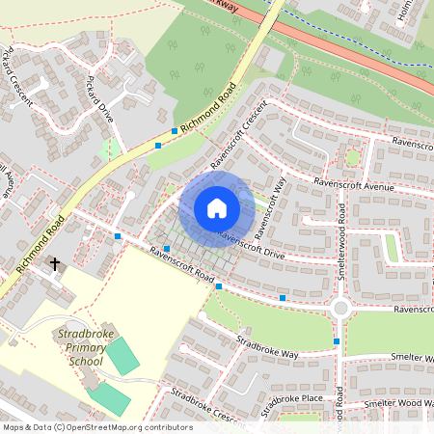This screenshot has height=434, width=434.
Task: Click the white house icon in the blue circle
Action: pyautogui.click(x=217, y=208)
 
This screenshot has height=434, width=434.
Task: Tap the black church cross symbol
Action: pyautogui.click(x=55, y=262)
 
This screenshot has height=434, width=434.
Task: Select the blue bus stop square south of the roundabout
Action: pyautogui.click(x=337, y=341)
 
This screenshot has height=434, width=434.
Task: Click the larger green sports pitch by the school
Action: pyautogui.click(x=122, y=356)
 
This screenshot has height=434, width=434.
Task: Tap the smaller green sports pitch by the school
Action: pyautogui.click(x=109, y=396)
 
